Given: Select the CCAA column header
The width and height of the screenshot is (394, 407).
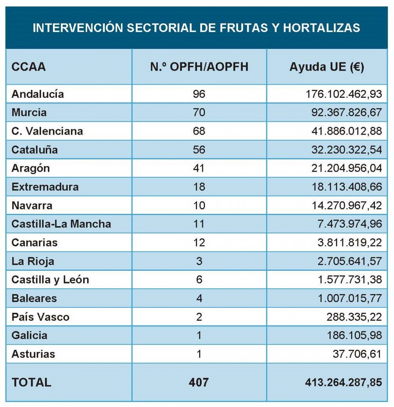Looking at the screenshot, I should click(29, 67).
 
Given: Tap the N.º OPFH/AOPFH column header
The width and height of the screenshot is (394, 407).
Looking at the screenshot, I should click(199, 67).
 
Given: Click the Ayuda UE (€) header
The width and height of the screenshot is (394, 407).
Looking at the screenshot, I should click(326, 67).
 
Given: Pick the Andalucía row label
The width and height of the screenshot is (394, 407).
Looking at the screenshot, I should click(38, 94).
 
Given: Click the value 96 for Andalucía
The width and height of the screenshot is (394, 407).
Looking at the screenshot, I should click(199, 94).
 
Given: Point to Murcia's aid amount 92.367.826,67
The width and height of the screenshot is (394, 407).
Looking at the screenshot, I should click(347, 112).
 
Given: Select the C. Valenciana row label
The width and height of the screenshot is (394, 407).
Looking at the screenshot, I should click(47, 131).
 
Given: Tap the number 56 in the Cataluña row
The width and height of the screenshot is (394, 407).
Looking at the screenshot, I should click(199, 150).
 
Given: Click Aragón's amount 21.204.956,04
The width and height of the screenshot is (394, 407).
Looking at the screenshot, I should click(347, 168).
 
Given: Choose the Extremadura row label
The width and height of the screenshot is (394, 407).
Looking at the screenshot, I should click(45, 187).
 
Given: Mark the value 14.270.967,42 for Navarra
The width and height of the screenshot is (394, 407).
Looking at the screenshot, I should click(347, 205).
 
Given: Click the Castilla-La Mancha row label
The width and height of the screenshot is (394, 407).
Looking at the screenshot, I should click(61, 224).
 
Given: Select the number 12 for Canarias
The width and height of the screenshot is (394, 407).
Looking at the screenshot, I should click(199, 242).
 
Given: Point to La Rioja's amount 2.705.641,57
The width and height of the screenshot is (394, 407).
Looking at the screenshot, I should click(349, 261).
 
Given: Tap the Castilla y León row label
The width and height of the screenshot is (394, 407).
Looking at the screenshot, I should click(50, 280).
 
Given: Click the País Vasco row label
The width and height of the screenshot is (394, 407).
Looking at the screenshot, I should click(41, 317).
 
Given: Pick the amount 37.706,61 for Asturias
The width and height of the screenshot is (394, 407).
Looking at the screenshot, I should click(357, 354).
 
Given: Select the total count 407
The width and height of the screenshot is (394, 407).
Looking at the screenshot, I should click(199, 382).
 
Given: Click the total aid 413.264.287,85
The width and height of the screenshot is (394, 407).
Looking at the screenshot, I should click(343, 382).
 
